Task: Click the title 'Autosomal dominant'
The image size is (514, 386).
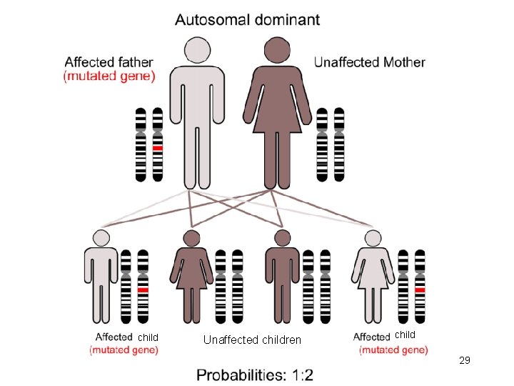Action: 247,20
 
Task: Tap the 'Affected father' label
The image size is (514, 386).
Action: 109,62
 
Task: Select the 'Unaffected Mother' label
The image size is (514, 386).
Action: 370,62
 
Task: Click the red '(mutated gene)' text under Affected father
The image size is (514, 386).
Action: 109,76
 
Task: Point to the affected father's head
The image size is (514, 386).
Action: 197,50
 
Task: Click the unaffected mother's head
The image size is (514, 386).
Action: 277,50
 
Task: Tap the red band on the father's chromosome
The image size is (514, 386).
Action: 158,148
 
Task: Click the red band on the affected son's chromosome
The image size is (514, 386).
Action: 143,289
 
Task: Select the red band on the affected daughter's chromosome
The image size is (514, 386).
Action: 420,289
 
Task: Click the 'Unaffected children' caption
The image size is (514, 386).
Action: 252,340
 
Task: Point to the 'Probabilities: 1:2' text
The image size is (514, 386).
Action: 255,375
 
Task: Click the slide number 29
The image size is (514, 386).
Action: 465,360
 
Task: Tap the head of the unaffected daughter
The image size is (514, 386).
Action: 192,238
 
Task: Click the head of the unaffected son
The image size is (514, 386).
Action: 282,238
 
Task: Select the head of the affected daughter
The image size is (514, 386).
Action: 373,238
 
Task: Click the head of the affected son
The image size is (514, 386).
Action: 101,238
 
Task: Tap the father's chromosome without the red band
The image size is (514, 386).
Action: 141,144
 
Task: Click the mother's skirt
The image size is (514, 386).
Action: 277,120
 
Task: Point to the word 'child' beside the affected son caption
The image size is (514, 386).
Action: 148,337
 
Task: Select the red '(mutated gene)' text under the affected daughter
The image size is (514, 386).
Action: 393,350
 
